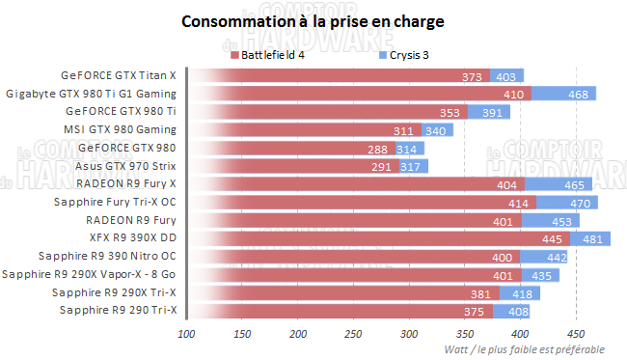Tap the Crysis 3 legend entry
click(411, 56)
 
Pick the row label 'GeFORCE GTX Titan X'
click(119, 75)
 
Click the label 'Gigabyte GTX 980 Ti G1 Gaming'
click(92, 94)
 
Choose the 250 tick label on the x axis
click(352, 335)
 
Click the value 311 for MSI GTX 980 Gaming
click(404, 130)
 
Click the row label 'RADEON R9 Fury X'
click(126, 183)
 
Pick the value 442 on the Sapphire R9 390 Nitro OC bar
click(556, 257)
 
